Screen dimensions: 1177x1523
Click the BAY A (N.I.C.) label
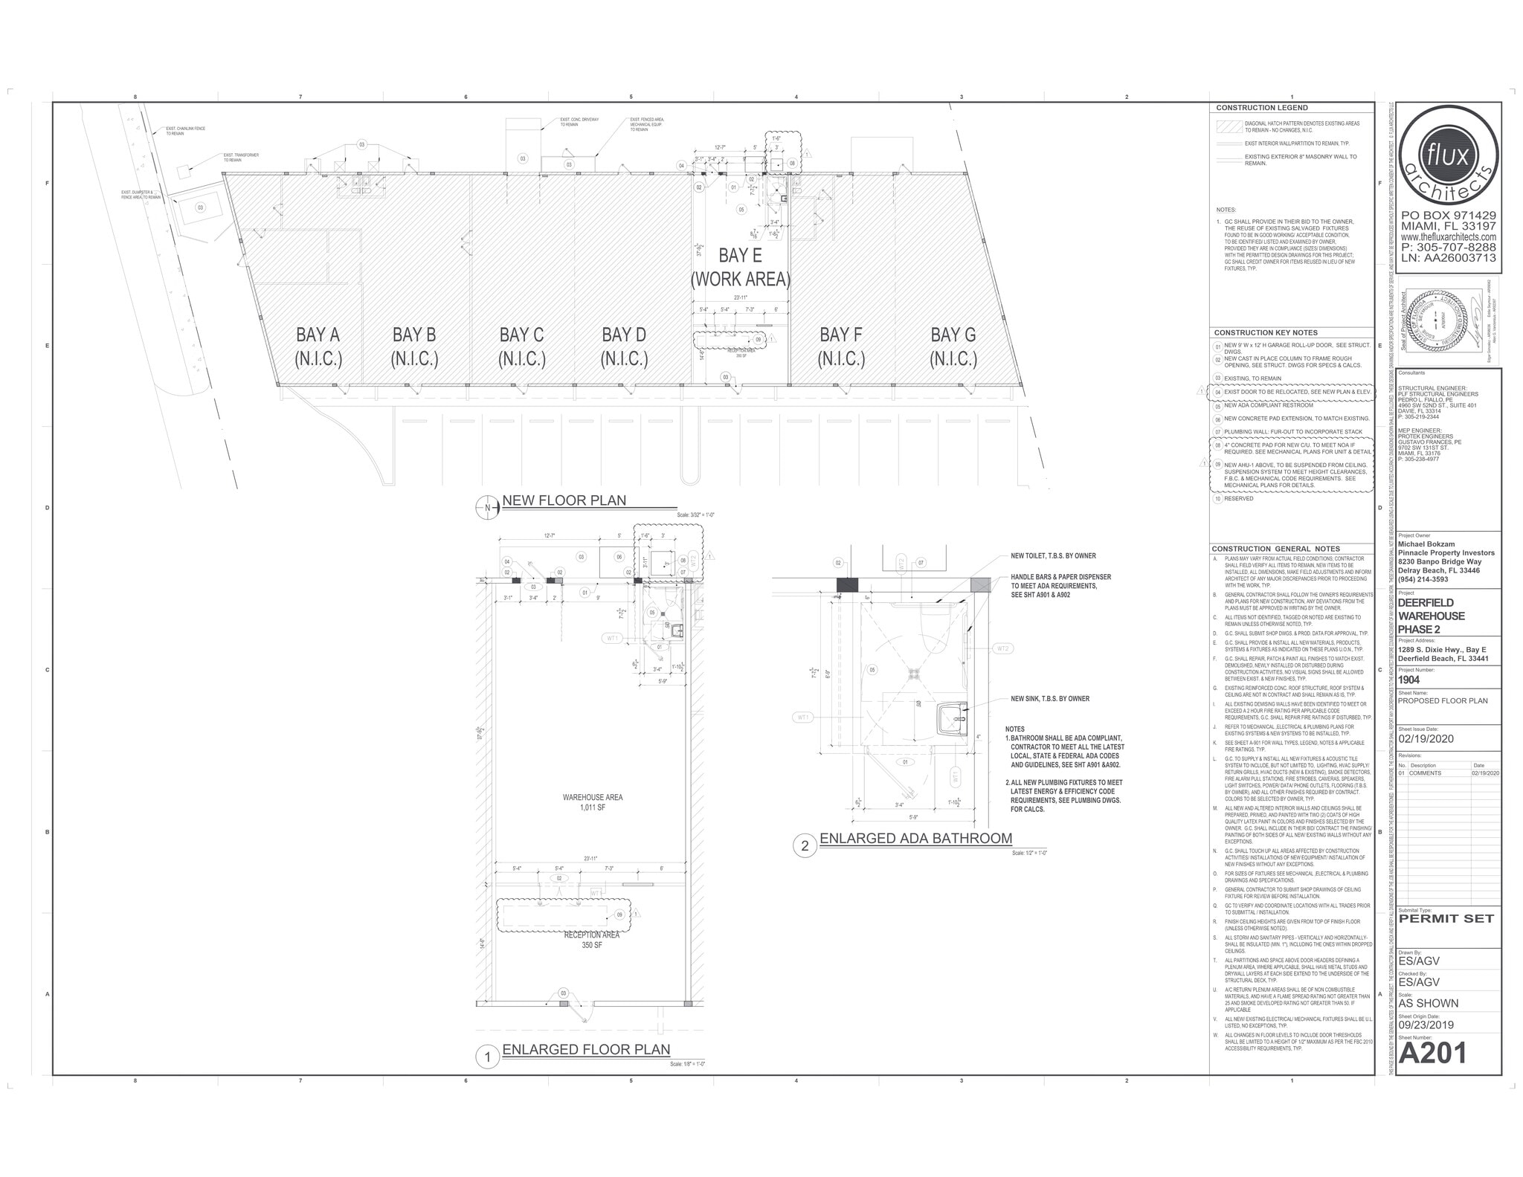point(318,346)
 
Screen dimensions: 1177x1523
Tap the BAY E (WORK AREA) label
point(740,267)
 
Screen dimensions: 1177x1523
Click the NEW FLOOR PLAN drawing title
point(564,500)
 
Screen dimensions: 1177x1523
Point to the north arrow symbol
point(486,508)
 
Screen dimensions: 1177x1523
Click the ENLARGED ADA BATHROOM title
point(915,839)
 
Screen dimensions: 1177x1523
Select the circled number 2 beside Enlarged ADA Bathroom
point(805,846)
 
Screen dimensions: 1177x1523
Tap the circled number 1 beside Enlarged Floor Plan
point(487,1057)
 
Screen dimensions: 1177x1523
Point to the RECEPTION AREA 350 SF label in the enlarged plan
point(592,940)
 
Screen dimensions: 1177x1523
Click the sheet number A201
point(1432,1053)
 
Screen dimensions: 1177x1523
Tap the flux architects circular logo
point(1447,160)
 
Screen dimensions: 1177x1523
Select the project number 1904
point(1409,680)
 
